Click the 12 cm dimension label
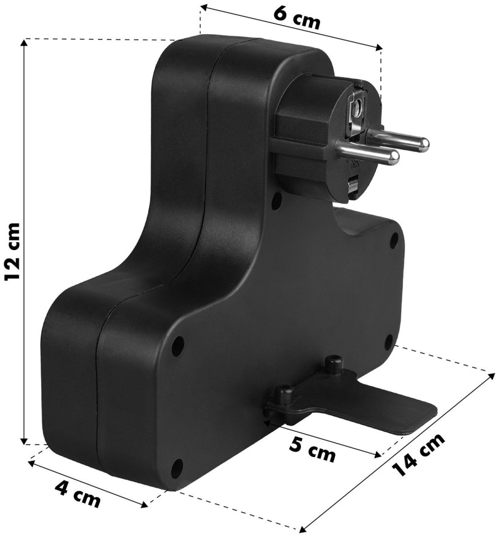pyautogui.click(x=13, y=252)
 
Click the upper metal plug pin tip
pyautogui.click(x=424, y=144)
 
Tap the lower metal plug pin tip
pyautogui.click(x=394, y=157)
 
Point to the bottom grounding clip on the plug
pyautogui.click(x=353, y=186)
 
